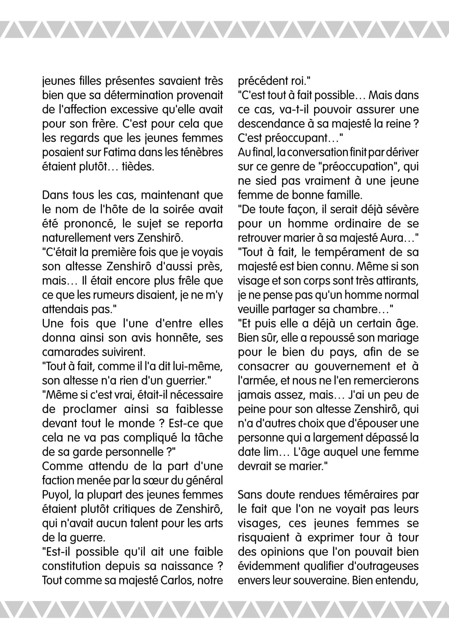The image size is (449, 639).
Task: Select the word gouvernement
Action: point(352,366)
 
